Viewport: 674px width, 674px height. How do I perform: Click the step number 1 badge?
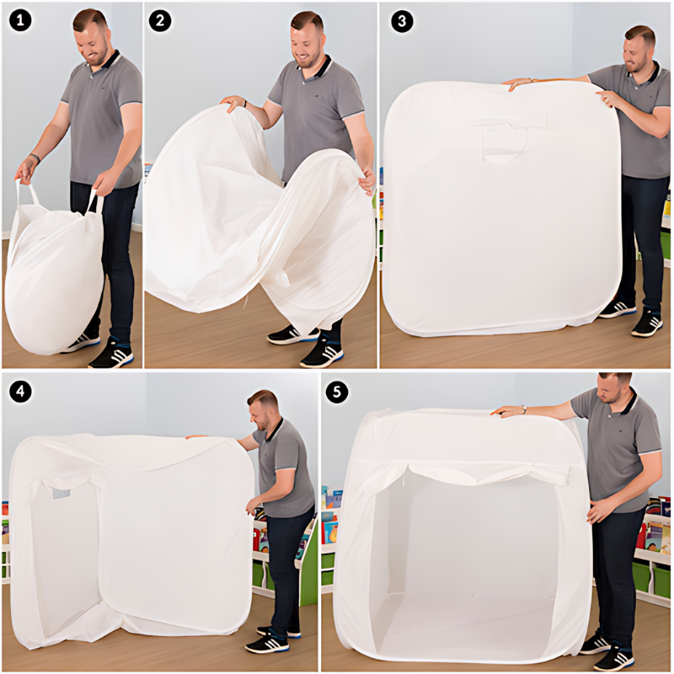click(19, 19)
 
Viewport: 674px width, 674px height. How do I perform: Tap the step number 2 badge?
click(160, 20)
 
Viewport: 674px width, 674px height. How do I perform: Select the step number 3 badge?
click(403, 21)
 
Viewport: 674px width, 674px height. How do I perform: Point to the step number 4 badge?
click(20, 392)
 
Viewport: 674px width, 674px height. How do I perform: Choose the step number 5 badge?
click(337, 392)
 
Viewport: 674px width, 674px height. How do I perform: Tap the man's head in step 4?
click(263, 409)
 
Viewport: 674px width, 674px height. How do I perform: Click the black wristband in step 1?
click(35, 158)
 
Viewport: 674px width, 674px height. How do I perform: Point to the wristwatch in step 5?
click(523, 409)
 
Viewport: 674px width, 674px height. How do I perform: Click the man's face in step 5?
click(609, 390)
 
